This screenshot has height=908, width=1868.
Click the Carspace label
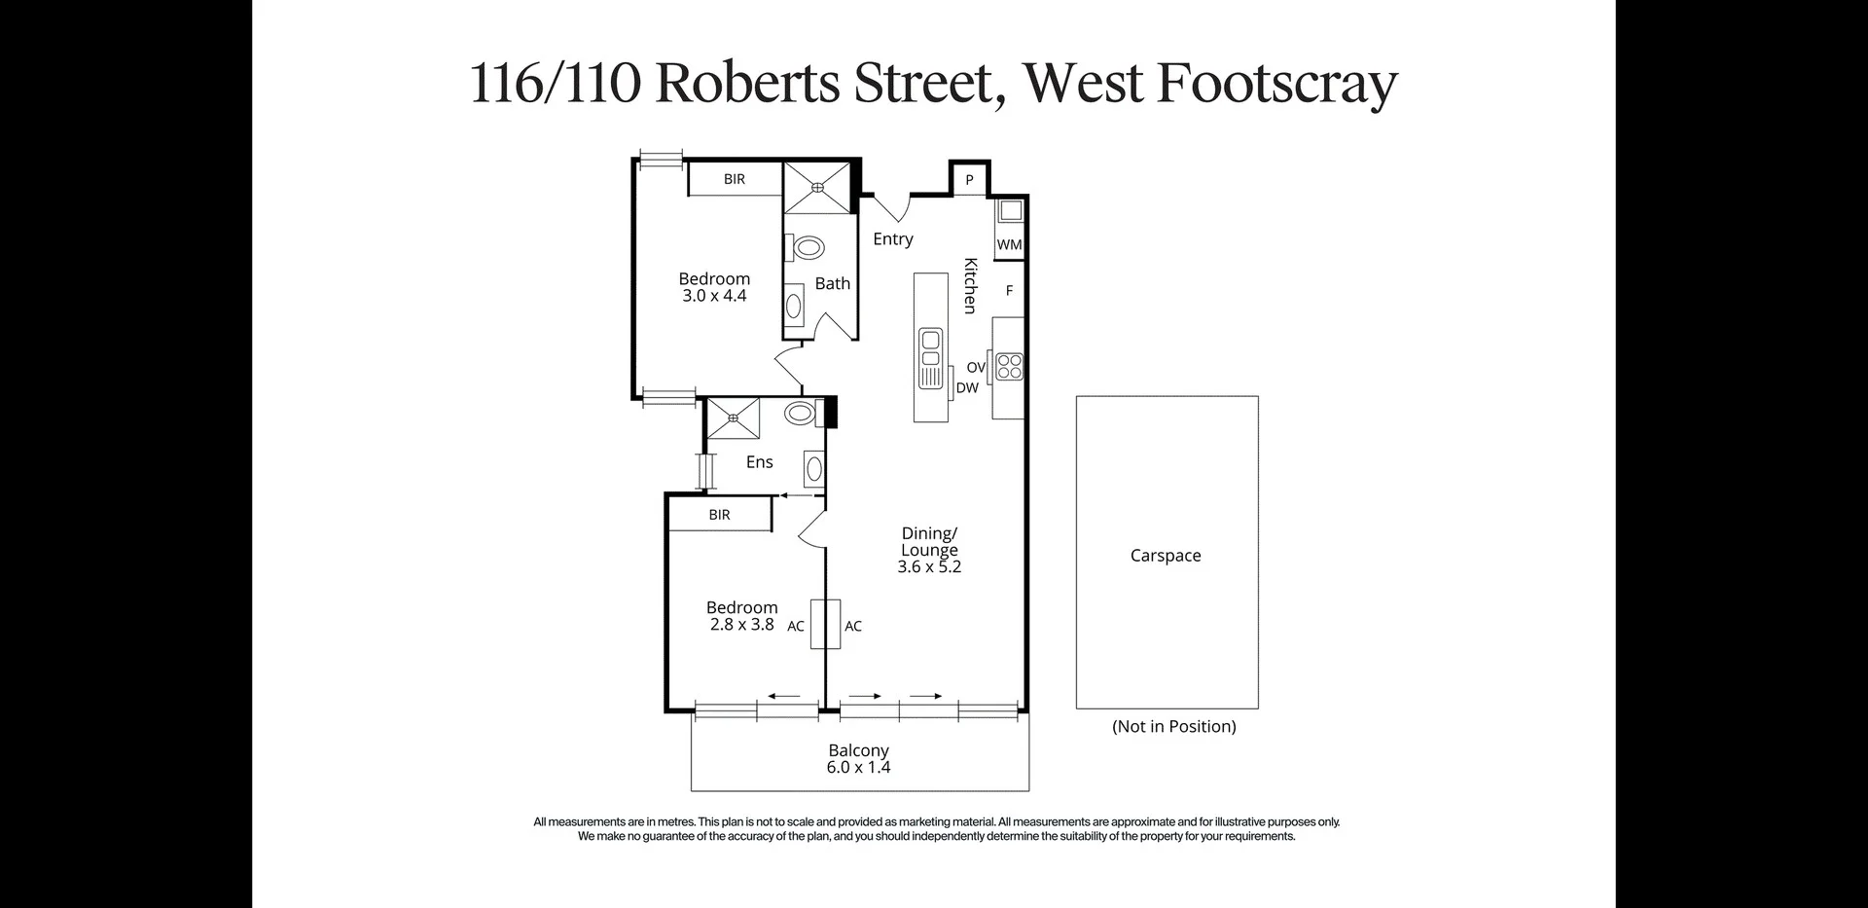[1165, 556]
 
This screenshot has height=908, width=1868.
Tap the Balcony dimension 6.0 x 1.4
[858, 768]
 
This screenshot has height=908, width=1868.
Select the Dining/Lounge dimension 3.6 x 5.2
[929, 566]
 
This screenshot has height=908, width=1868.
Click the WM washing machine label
[1009, 244]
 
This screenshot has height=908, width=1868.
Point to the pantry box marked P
[969, 180]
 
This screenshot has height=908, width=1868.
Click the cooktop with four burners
[1010, 366]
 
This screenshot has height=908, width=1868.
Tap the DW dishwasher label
[967, 388]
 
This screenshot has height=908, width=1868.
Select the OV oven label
[976, 368]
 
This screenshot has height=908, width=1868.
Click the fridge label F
[1009, 290]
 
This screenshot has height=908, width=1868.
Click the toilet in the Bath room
[808, 247]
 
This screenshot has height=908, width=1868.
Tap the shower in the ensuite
[734, 418]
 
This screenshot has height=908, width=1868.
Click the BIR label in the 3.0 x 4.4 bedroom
[735, 179]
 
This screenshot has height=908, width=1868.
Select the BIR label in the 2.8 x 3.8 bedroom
[719, 515]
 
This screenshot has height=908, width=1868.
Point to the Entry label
[892, 239]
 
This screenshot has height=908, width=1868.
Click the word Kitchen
[970, 285]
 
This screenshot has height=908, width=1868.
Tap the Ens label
[759, 462]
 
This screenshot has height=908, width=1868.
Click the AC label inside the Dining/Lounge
[853, 627]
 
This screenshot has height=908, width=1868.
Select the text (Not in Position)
[1173, 727]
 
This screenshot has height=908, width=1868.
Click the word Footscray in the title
[1276, 84]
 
